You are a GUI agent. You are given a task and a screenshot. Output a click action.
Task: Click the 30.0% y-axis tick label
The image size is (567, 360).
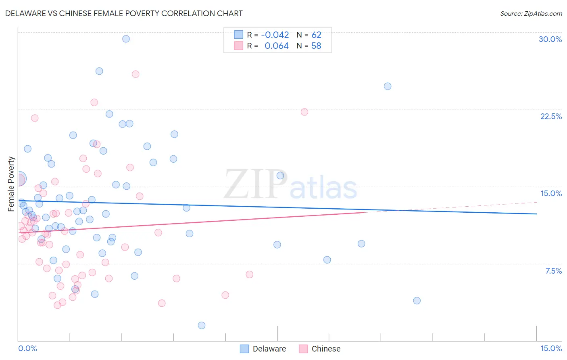tap(550, 39)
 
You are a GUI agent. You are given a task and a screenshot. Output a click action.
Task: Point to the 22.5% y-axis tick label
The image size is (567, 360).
tap(551, 116)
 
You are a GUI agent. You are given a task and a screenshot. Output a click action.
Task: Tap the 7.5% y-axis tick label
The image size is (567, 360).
tap(553, 271)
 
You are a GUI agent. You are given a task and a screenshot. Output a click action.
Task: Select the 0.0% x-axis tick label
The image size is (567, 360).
tap(27, 348)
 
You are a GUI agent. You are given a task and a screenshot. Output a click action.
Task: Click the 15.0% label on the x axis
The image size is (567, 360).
tap(551, 348)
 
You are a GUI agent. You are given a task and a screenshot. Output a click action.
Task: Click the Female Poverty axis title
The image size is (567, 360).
tap(11, 184)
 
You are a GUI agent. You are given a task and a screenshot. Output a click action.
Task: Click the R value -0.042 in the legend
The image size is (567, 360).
tap(275, 35)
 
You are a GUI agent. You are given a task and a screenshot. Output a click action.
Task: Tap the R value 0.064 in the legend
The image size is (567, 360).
tap(276, 46)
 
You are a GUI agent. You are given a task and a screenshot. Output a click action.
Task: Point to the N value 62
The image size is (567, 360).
tap(316, 35)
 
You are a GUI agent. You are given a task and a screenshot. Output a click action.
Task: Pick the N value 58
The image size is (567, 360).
tap(316, 46)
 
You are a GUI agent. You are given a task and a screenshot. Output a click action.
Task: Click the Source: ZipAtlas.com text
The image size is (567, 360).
tap(531, 13)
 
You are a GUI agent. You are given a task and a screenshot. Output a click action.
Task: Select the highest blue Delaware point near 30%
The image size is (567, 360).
tap(126, 39)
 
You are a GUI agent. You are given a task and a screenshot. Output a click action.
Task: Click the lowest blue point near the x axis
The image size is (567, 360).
tap(202, 325)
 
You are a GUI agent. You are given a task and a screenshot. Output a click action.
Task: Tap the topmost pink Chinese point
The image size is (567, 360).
tap(135, 74)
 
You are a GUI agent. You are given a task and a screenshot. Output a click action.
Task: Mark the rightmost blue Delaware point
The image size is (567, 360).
tap(417, 301)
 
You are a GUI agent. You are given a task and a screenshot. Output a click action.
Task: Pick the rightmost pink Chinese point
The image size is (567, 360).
tap(304, 112)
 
